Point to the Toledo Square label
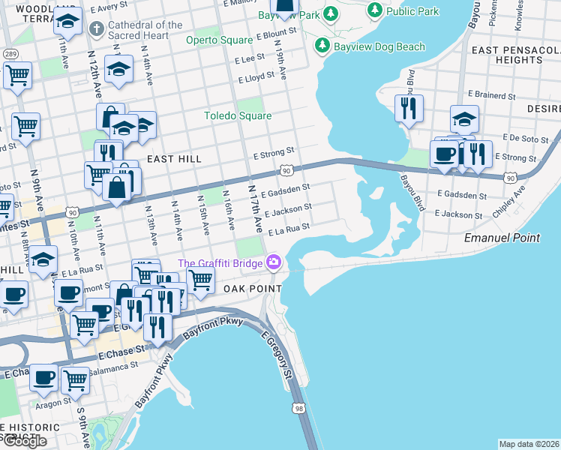click(238, 115)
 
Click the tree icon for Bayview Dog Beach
click(322, 46)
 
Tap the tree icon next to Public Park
click(374, 11)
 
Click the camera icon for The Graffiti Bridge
click(274, 262)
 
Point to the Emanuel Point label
click(502, 237)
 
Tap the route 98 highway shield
click(299, 408)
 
